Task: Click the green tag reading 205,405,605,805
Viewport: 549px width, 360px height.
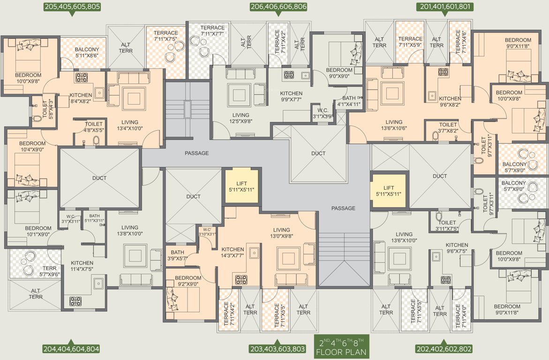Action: (72, 7)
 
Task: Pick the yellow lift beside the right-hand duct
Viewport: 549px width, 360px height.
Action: (388, 191)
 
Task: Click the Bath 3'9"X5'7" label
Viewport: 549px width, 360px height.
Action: (178, 255)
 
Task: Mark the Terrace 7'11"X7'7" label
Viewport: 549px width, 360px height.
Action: (212, 31)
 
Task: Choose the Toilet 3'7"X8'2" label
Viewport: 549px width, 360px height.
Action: (448, 128)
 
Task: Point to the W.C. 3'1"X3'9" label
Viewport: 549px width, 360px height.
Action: (323, 114)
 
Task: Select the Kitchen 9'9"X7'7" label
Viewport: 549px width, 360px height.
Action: (291, 97)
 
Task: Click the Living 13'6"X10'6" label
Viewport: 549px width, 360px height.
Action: (394, 125)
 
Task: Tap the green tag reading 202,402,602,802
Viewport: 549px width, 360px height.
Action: (444, 349)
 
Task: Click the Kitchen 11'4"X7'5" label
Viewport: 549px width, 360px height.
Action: (82, 266)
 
